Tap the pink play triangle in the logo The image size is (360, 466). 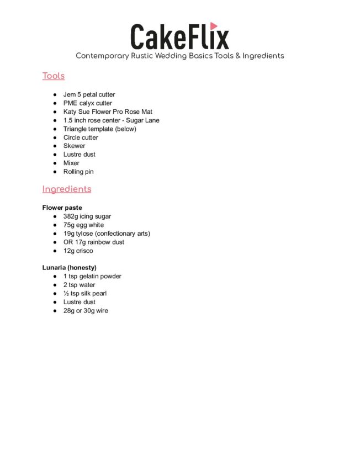pos(214,26)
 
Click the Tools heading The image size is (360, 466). pos(54,76)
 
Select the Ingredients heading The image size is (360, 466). pos(67,189)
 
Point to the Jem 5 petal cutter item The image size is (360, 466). pos(89,94)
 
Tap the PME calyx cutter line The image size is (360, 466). pos(87,103)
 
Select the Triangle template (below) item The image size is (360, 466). pos(99,129)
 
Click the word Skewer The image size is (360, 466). pos(74,146)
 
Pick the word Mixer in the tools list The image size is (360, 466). pos(71,163)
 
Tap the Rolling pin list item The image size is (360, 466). pos(78,172)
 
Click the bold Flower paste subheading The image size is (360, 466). pos(62,208)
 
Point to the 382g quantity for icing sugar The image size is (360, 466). pos(71,216)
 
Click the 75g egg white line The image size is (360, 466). pos(83,225)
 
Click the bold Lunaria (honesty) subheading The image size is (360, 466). pos(70,268)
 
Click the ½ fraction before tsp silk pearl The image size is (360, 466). pos(66,293)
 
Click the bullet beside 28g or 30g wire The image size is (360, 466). pos(56,311)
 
